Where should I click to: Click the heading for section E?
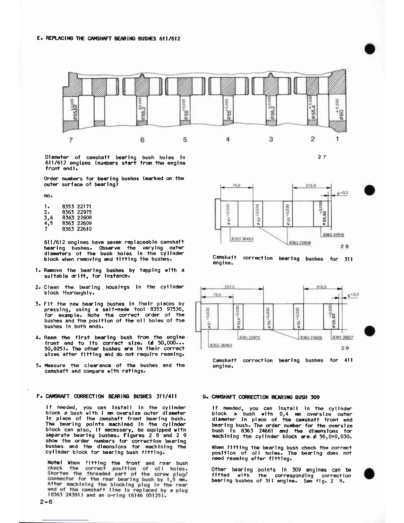pyautogui.click(x=109, y=39)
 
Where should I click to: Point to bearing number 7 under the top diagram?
pyautogui.click(x=71, y=140)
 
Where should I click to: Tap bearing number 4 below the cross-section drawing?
pyautogui.click(x=228, y=140)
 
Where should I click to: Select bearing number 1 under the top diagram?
pyautogui.click(x=337, y=139)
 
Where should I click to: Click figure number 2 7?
pyautogui.click(x=322, y=157)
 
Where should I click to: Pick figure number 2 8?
pyautogui.click(x=345, y=246)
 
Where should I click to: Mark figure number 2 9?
pyautogui.click(x=345, y=348)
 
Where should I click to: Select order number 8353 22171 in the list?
pyautogui.click(x=77, y=207)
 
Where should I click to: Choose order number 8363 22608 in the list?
pyautogui.click(x=77, y=218)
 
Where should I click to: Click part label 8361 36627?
pyautogui.click(x=343, y=337)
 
